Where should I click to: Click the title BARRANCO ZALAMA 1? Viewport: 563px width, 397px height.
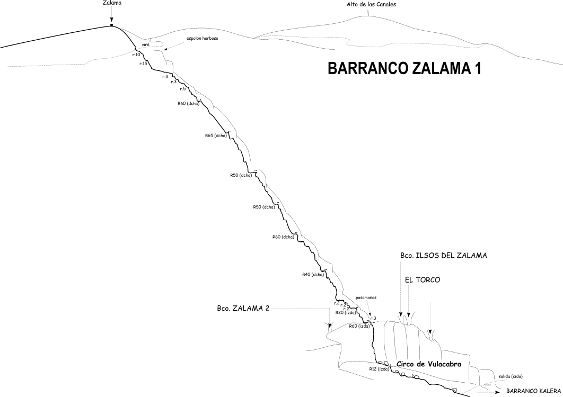click(x=404, y=68)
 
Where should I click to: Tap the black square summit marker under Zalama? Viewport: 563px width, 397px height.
click(x=111, y=25)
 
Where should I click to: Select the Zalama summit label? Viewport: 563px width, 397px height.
click(x=111, y=3)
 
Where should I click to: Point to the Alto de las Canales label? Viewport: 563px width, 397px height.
click(x=371, y=5)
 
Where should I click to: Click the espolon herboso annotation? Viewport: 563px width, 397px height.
click(x=202, y=38)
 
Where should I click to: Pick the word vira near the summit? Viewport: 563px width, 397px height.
click(x=145, y=44)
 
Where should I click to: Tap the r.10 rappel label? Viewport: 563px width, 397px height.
click(x=136, y=55)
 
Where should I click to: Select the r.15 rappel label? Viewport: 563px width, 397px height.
click(x=143, y=64)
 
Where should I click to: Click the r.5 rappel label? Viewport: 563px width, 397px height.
click(x=183, y=88)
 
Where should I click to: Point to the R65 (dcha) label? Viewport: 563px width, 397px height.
click(x=216, y=136)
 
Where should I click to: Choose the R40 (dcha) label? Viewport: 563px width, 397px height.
click(x=313, y=274)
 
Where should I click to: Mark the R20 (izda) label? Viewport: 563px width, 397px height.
click(x=346, y=312)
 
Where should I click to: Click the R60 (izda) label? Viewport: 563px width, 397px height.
click(x=359, y=326)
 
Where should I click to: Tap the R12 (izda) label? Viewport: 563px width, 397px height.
click(x=380, y=369)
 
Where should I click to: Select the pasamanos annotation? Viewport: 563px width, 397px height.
click(x=366, y=297)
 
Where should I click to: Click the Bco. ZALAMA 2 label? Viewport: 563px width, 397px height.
click(x=243, y=309)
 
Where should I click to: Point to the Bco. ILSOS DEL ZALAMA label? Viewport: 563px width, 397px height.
click(x=444, y=256)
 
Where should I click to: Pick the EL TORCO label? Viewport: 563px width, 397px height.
click(x=423, y=279)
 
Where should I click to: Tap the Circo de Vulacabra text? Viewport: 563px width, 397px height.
click(x=429, y=364)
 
